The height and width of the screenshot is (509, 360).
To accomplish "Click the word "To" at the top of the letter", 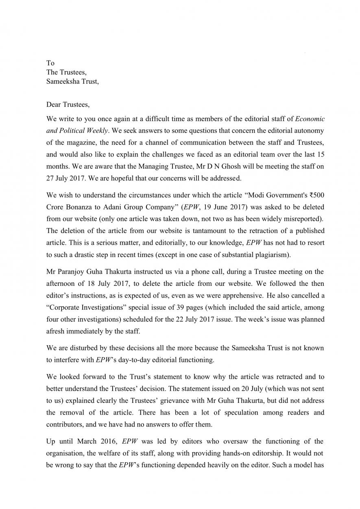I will click(x=50, y=63).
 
